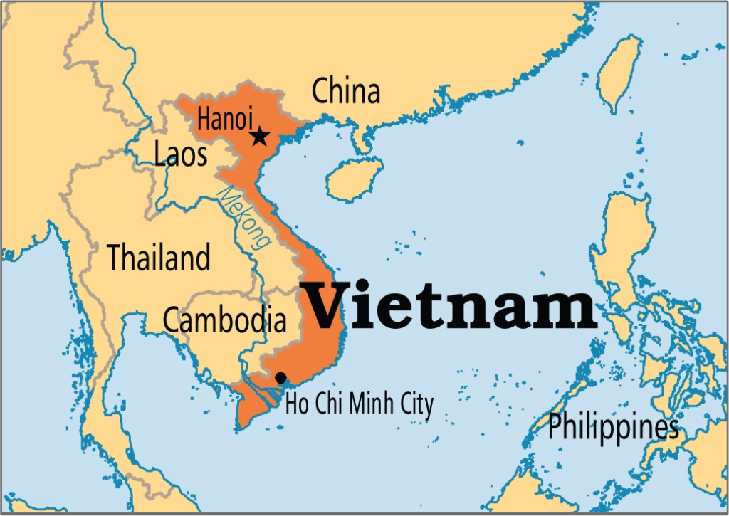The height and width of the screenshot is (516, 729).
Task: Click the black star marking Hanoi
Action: pos(259,136)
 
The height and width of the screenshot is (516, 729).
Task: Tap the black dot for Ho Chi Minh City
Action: pos(281,377)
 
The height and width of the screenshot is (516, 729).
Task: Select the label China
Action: pos(346,91)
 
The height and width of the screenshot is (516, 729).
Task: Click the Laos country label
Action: pos(181,154)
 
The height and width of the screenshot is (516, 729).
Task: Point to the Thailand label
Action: pos(159,257)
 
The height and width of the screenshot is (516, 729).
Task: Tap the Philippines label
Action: pos(612,428)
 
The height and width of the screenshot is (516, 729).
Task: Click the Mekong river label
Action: pos(243,217)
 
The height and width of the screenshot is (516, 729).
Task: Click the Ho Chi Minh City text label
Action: pos(359,405)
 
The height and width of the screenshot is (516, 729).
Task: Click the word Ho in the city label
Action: pos(295,405)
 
